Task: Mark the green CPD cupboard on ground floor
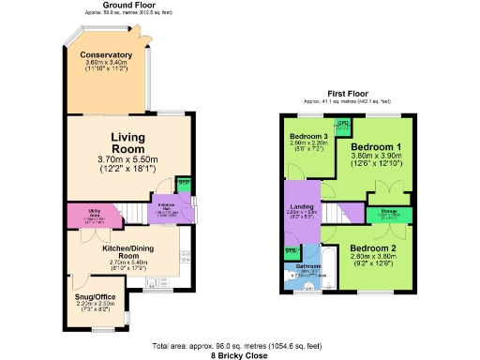(x=184, y=182)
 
